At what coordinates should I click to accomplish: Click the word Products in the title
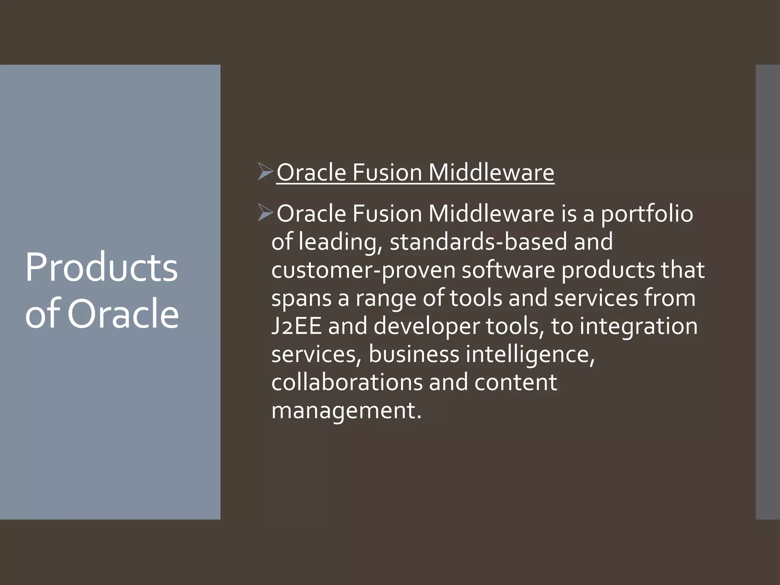click(101, 268)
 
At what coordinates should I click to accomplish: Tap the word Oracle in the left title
click(123, 314)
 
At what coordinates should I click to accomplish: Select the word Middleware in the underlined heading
click(491, 173)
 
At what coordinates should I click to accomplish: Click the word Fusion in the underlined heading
click(387, 173)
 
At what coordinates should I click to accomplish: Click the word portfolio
click(647, 214)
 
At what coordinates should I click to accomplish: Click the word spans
click(301, 299)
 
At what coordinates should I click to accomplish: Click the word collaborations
click(347, 382)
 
